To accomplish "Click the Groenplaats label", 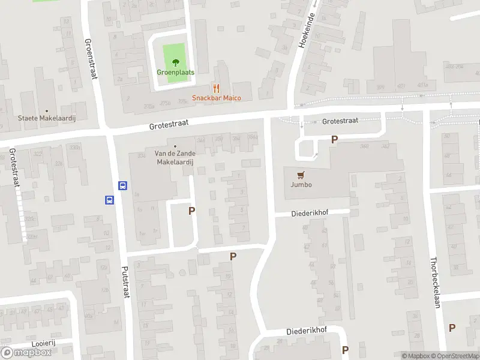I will coord(176,73).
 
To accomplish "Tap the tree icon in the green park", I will coord(176,62).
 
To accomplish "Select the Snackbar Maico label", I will coord(216,98).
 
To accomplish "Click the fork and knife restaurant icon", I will coord(216,88).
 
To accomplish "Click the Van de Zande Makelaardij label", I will coord(176,157).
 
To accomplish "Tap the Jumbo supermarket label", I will coord(301,185).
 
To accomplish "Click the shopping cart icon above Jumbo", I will coord(301,175).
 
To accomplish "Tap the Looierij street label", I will coord(43,343).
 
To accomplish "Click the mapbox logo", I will coord(26,352).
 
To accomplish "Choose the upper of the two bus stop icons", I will coord(123,186).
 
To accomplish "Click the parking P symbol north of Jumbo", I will coord(335,139).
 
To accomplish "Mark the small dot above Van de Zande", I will coord(176,146).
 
